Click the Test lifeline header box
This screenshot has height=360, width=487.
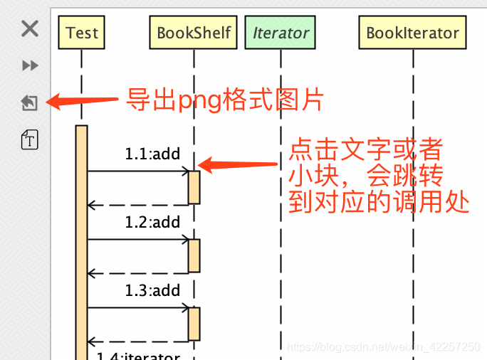click(82, 33)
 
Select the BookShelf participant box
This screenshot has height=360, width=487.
click(194, 33)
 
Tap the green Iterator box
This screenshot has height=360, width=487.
click(281, 33)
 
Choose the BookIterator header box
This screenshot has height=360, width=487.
click(413, 33)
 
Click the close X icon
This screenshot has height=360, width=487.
click(29, 28)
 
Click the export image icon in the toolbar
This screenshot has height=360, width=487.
click(29, 103)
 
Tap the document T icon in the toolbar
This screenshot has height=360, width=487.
click(29, 139)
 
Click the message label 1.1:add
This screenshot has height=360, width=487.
click(152, 154)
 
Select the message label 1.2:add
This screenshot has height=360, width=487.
click(152, 222)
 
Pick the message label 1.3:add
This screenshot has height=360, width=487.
click(152, 290)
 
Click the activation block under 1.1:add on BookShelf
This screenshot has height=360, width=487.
click(194, 187)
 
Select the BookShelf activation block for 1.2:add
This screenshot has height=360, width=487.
click(194, 255)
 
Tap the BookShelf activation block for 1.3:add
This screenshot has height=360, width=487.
click(194, 324)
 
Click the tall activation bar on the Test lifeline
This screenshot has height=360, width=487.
click(81, 242)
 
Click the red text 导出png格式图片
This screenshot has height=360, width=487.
click(225, 100)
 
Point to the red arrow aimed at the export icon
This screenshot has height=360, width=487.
click(82, 101)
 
